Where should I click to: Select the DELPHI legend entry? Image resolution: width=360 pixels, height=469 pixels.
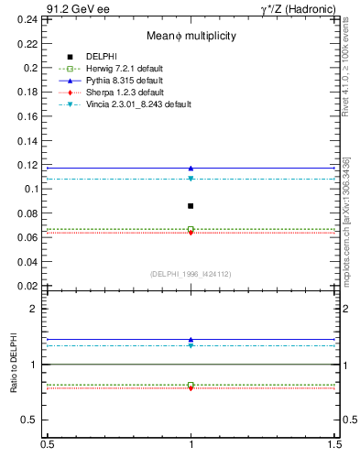pos(100,57)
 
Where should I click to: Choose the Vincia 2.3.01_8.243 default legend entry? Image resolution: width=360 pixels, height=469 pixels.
pos(139,104)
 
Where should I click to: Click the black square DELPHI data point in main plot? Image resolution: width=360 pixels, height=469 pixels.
pos(191,206)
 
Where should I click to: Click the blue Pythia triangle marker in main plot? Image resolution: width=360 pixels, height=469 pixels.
pos(191,169)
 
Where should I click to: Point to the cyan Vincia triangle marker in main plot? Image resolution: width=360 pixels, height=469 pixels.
pos(191,179)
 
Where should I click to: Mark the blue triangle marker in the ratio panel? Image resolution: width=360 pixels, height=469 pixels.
pos(191,340)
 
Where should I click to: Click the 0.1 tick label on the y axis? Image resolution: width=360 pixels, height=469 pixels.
pos(33,190)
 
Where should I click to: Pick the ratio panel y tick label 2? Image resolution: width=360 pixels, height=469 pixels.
pos(38,310)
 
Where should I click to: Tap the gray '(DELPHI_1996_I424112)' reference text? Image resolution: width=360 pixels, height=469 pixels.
pos(191,274)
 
